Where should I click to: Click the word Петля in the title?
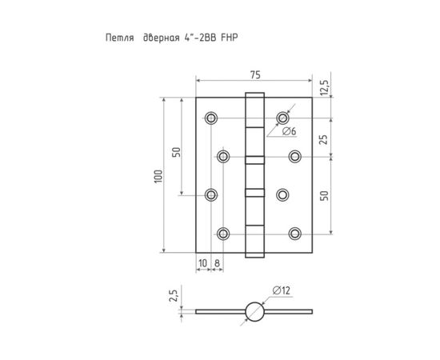pos(120,38)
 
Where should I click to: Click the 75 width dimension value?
pos(254,74)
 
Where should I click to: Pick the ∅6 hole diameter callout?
pos(290,130)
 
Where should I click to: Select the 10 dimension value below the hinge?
pos(203,262)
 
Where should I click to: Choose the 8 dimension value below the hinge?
pos(217,262)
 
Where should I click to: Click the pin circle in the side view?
pos(254,310)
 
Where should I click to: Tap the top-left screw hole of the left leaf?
pos(210,118)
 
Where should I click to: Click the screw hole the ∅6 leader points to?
pos(282,118)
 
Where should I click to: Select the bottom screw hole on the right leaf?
pos(294,233)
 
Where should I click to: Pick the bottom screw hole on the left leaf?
pos(223,233)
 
